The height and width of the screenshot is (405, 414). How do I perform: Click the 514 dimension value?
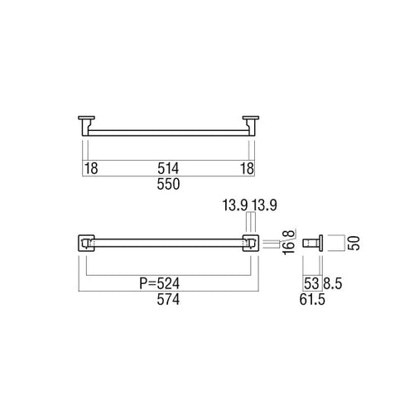pos(168,168)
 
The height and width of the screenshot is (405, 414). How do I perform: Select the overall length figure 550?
pos(168,186)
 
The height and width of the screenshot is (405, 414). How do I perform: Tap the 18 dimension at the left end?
pos(93,168)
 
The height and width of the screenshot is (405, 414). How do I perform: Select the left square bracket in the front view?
pos(85,243)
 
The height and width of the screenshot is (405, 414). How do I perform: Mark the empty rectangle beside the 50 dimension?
pos(334,243)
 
